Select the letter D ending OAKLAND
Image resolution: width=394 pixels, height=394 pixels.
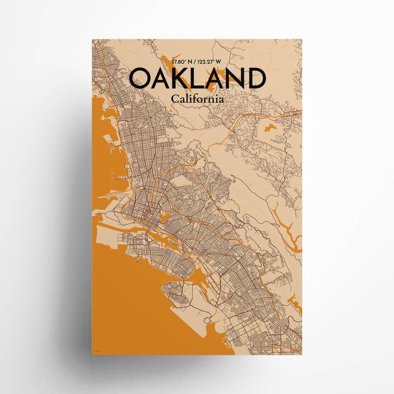[256, 79]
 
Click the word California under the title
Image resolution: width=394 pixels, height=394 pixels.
[197, 100]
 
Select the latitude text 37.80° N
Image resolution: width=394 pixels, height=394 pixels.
[183, 62]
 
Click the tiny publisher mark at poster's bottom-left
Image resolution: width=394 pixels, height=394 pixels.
[97, 351]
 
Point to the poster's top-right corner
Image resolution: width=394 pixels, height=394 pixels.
[301, 40]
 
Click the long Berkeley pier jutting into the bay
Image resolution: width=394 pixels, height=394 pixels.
[117, 177]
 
